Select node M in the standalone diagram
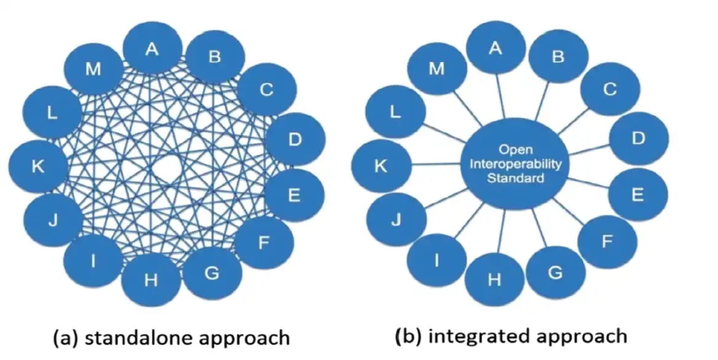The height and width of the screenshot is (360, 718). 93,69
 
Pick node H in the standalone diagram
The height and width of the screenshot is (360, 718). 151,281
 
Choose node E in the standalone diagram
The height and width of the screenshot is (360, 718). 294,196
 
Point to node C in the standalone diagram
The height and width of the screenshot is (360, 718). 266,90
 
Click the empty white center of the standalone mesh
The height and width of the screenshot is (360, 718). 166,167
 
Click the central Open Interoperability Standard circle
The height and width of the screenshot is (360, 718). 515,164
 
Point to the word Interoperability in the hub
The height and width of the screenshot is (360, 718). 515,164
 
